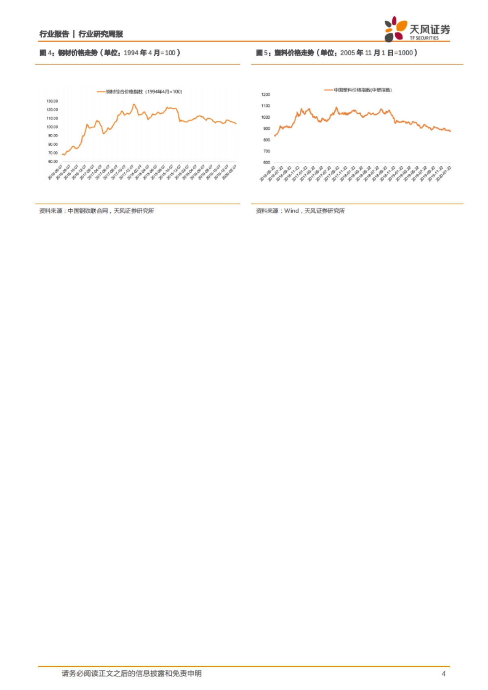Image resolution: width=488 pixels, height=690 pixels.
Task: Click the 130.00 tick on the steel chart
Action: pyautogui.click(x=52, y=101)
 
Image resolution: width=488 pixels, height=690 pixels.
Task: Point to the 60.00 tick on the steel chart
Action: pyautogui.click(x=53, y=162)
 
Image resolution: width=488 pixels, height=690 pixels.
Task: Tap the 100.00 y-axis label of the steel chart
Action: pyautogui.click(x=52, y=127)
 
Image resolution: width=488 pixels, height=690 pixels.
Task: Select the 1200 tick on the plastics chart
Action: pyautogui.click(x=266, y=95)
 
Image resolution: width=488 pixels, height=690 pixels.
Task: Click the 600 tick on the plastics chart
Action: pyautogui.click(x=266, y=163)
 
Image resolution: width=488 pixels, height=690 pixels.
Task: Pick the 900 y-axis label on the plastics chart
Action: pyautogui.click(x=266, y=128)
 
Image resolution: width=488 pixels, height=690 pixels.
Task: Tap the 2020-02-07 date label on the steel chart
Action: pyautogui.click(x=230, y=172)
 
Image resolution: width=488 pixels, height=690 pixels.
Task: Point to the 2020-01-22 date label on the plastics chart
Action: pyautogui.click(x=444, y=173)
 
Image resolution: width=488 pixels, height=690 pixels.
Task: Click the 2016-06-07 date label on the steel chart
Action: pyautogui.click(x=55, y=172)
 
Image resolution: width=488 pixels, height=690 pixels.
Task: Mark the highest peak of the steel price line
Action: pyautogui.click(x=134, y=104)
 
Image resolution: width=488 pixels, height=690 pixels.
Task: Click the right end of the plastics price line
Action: pyautogui.click(x=450, y=131)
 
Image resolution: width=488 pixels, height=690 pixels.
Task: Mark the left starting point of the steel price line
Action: pyautogui.click(x=62, y=154)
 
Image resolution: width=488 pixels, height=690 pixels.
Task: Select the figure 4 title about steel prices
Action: pyautogui.click(x=110, y=53)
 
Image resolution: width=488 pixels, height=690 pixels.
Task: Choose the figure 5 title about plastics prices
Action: pyautogui.click(x=336, y=53)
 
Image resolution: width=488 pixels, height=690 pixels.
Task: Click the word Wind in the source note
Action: pyautogui.click(x=291, y=211)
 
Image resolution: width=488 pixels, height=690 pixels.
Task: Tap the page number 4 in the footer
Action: pyautogui.click(x=443, y=674)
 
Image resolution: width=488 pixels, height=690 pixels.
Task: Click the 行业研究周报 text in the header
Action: pyautogui.click(x=100, y=34)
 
